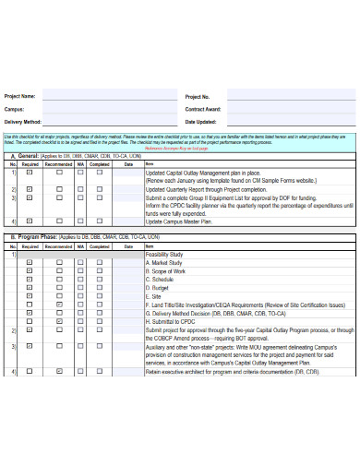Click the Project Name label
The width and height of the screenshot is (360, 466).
[21, 96]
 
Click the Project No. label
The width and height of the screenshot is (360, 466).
[198, 96]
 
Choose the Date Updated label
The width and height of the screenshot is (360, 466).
[202, 122]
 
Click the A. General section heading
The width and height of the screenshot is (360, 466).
[27, 158]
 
